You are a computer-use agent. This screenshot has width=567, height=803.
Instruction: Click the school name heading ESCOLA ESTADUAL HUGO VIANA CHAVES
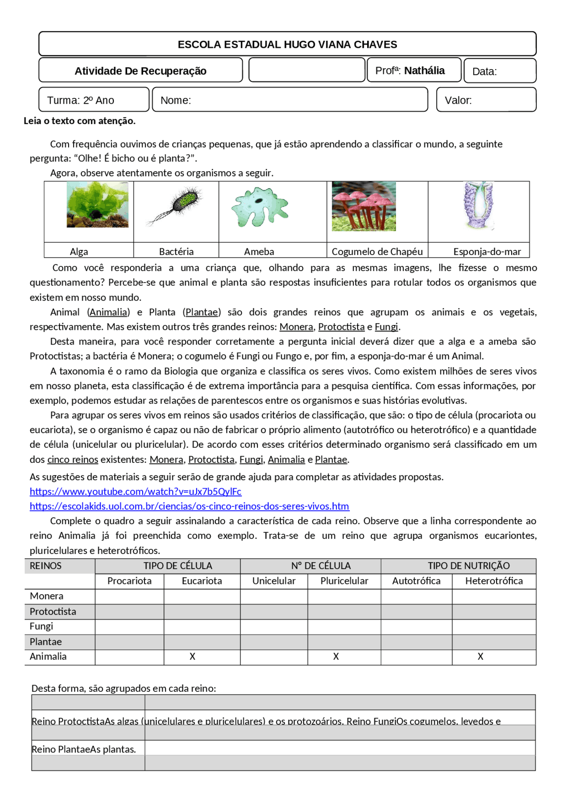coord(287,44)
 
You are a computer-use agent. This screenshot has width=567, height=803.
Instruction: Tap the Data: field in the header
coord(499,71)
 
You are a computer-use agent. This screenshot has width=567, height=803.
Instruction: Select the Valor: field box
coord(486,100)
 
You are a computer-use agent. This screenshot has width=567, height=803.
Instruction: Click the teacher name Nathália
coord(424,71)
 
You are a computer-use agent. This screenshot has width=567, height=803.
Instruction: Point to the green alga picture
coord(97,205)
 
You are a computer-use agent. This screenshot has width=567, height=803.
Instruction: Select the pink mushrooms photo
coord(364,206)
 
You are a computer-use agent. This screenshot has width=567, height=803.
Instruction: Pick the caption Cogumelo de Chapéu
coord(377,252)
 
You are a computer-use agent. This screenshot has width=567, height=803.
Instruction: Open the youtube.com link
coord(136,491)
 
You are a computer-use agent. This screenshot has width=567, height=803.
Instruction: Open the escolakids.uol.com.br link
coord(189,506)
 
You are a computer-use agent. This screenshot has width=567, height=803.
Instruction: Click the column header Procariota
coord(129,581)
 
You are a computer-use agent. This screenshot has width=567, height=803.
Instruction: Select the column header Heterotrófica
coord(493,581)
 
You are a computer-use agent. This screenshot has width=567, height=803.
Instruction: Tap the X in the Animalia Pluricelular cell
coord(336,657)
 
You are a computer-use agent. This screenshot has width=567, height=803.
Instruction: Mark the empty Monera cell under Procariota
coord(129,596)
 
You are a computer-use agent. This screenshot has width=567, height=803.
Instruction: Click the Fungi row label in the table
coord(42,626)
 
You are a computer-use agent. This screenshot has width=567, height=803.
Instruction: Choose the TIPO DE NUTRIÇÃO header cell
coord(468,566)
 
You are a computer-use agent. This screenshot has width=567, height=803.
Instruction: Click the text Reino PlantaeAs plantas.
coord(84,749)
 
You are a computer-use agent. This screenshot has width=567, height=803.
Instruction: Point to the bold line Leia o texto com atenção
coord(80,121)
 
